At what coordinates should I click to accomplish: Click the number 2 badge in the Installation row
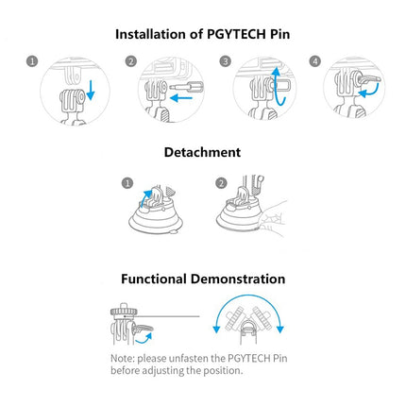(x=132, y=62)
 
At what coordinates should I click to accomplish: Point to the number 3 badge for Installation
(x=226, y=62)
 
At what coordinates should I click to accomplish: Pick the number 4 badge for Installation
(x=314, y=62)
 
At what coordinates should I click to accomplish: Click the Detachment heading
(x=201, y=153)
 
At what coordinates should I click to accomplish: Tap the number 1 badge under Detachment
(x=126, y=182)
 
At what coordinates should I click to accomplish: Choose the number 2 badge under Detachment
(x=222, y=182)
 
